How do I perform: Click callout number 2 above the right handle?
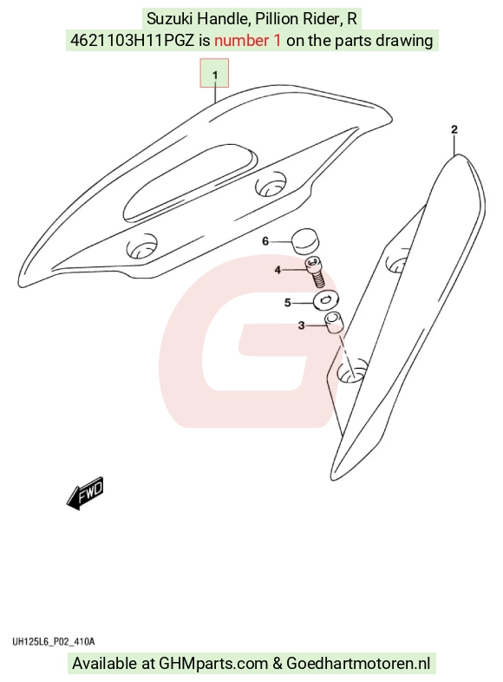point(454,129)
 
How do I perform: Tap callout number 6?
point(265,241)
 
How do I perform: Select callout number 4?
point(278,270)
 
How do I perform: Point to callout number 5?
point(287,302)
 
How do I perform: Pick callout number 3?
point(301,325)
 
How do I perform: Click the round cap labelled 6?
point(304,241)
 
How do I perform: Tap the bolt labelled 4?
point(316,272)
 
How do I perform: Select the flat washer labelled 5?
point(326,299)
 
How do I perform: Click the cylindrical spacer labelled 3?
point(335,324)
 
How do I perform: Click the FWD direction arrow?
point(85,493)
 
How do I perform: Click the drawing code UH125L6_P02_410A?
point(53,641)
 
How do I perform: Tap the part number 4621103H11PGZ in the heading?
point(132,41)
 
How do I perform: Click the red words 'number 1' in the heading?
point(247,41)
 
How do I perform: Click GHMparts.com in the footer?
point(213,663)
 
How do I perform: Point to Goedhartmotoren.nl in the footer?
point(358,663)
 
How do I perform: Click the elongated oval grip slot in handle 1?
point(189,182)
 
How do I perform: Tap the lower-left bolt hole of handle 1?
point(141,246)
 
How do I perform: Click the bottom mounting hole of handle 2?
point(352,371)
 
